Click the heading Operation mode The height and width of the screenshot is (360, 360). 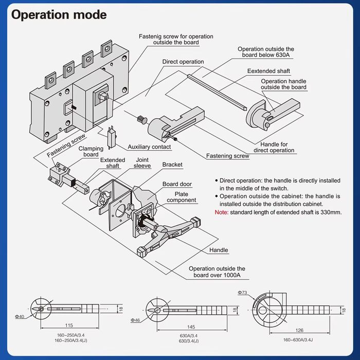[x=59, y=15]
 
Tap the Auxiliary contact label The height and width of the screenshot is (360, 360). [x=149, y=147]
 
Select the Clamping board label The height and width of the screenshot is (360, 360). [x=91, y=152]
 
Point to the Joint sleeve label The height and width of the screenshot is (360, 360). [x=142, y=163]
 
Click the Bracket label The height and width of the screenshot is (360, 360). [x=172, y=165]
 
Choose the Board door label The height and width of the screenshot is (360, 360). [x=177, y=184]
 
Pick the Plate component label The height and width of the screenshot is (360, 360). [x=181, y=197]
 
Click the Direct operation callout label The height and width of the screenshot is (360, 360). [x=183, y=62]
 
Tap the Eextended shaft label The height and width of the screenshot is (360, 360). [x=268, y=71]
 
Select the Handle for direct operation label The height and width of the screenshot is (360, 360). [x=274, y=148]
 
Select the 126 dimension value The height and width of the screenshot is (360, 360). [x=299, y=330]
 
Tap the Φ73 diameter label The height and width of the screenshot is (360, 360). [x=243, y=292]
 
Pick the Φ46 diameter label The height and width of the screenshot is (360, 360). [x=136, y=320]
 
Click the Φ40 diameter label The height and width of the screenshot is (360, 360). [x=19, y=317]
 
